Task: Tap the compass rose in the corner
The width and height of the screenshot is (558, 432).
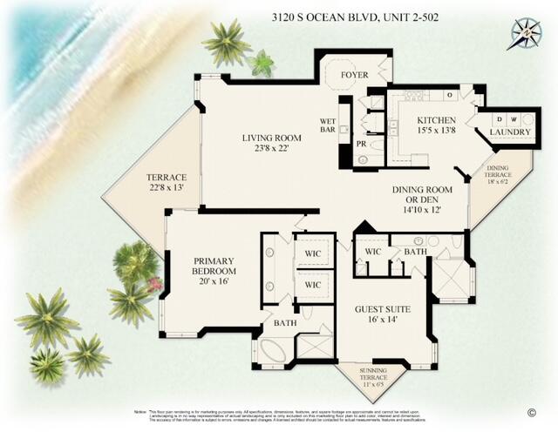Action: (x=526, y=34)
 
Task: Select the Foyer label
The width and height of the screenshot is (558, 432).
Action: (x=353, y=75)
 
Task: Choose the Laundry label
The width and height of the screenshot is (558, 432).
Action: (x=509, y=132)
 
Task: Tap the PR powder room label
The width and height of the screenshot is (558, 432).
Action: (x=361, y=144)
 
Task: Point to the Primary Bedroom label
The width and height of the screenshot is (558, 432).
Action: (x=214, y=265)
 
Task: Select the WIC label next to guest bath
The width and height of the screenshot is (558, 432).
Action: (x=373, y=253)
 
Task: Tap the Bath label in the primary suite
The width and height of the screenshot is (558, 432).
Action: (x=284, y=322)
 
